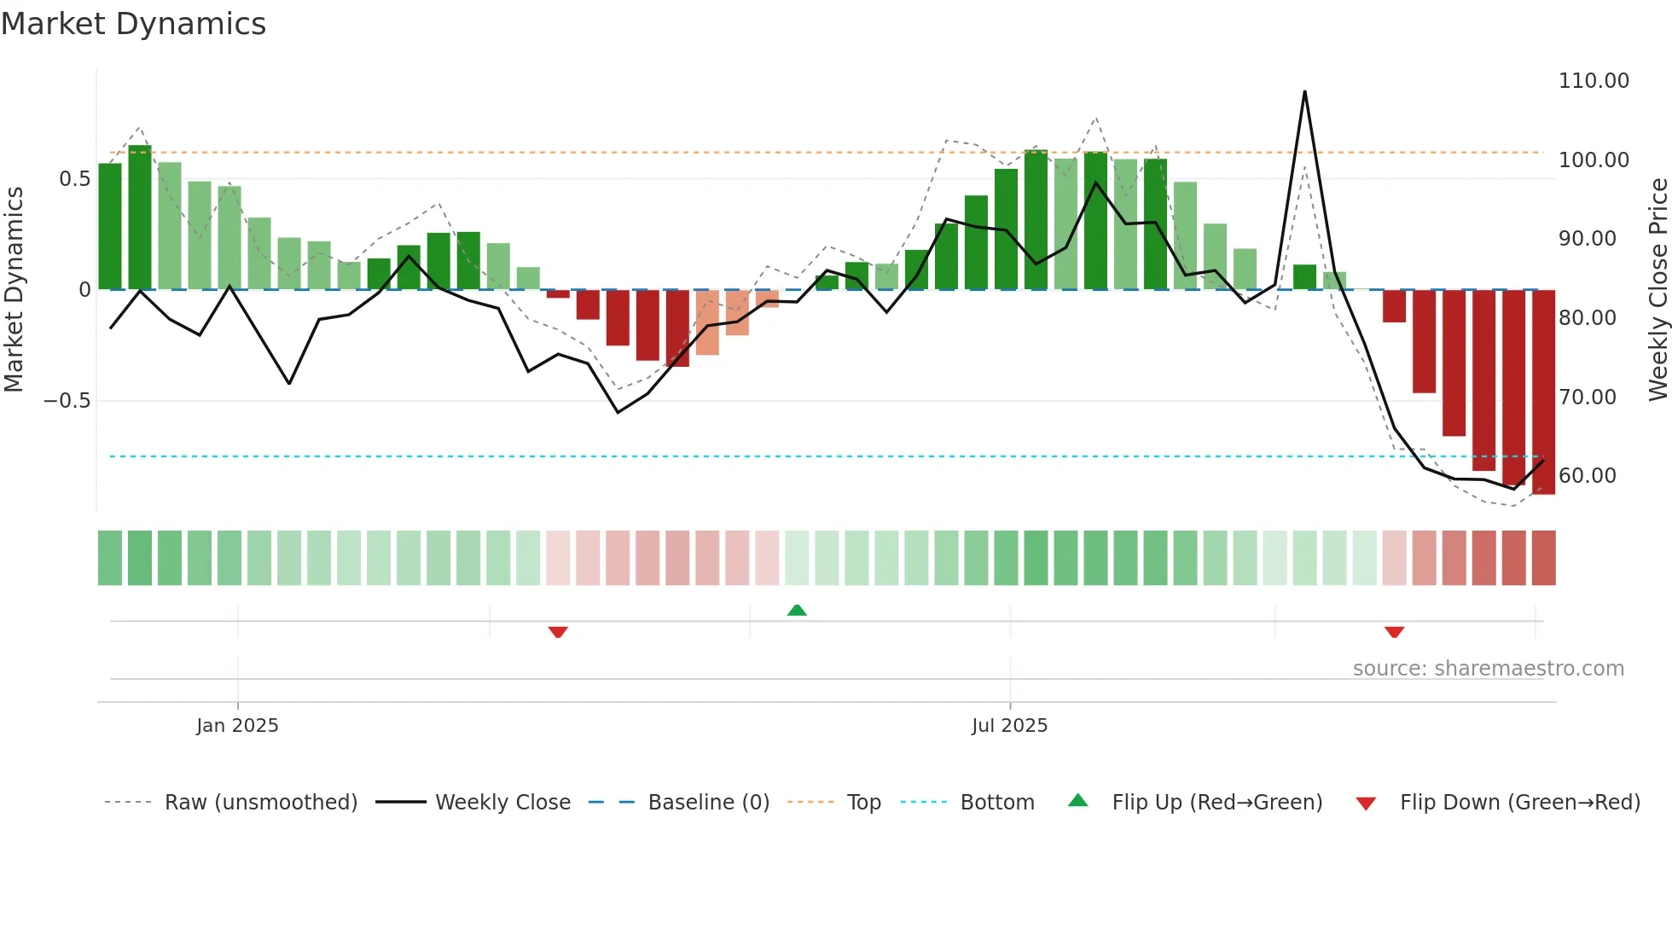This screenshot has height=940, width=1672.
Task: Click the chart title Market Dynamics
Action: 133,24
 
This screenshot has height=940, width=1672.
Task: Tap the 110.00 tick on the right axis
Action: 1593,81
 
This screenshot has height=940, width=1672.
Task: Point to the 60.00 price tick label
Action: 1587,476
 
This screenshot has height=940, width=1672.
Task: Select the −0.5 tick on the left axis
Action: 67,401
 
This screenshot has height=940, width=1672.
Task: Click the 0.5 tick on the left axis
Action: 74,179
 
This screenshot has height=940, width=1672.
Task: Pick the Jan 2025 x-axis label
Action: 237,726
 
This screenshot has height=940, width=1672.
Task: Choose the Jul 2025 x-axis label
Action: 1009,726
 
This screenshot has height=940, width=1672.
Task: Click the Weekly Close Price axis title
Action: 1657,289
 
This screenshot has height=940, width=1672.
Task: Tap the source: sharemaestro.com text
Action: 1488,669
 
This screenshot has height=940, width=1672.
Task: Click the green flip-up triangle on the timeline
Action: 797,611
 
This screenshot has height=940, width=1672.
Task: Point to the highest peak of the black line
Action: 1304,92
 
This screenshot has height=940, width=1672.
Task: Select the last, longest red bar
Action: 1543,392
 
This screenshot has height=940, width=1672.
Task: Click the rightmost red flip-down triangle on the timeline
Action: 1394,632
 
